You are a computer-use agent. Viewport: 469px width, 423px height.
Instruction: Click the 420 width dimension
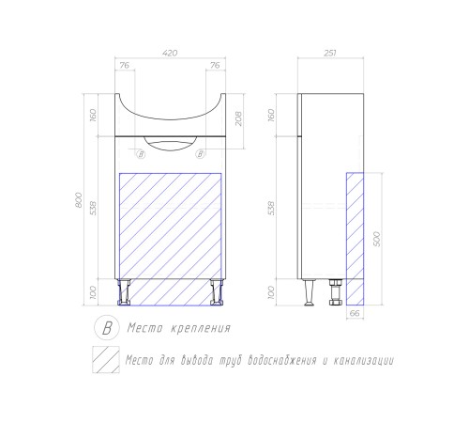[170, 53]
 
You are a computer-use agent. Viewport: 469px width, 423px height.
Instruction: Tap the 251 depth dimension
[330, 53]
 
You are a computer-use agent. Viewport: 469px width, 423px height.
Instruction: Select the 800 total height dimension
[79, 200]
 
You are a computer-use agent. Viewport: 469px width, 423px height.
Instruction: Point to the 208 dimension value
[238, 118]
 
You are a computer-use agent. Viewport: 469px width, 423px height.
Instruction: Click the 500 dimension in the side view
[377, 239]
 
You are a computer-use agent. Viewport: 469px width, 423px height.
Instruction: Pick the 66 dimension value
[355, 313]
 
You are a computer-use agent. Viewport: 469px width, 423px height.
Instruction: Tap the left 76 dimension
[125, 66]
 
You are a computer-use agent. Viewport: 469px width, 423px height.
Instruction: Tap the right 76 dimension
[215, 66]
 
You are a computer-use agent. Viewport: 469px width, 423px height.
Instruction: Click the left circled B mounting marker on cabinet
[141, 154]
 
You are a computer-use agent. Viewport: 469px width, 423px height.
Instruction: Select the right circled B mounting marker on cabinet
[200, 154]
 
